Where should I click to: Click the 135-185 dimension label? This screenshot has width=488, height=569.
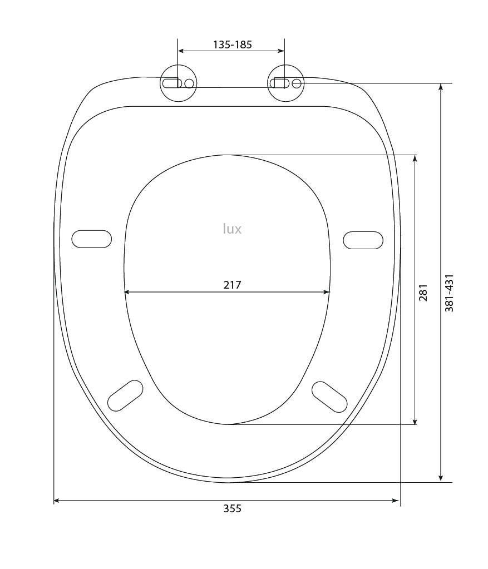pos(232,44)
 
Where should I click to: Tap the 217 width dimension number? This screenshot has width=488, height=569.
pos(232,285)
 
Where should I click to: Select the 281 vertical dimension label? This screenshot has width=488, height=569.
pos(423,293)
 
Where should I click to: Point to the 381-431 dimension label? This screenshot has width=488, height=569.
pos(449,293)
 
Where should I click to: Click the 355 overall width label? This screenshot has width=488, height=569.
pos(232,508)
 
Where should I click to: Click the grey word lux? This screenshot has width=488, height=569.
pos(232,229)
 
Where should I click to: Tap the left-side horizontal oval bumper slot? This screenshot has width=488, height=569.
pos(91,239)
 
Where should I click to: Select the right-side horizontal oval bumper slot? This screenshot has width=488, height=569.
pos(363,240)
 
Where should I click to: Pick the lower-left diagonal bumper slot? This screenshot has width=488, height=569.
pos(125,395)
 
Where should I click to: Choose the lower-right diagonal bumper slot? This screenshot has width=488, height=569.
pos(329,397)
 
